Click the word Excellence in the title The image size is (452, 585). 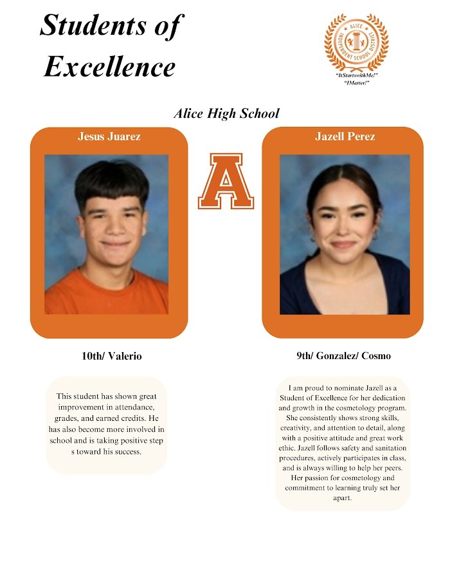pos(109,66)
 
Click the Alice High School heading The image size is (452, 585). pos(226,113)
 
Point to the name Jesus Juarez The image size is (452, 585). pos(109,136)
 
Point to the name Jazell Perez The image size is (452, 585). pos(345,136)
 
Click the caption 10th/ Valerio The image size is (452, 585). pos(111,356)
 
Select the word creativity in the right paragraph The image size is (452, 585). pos(300,428)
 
